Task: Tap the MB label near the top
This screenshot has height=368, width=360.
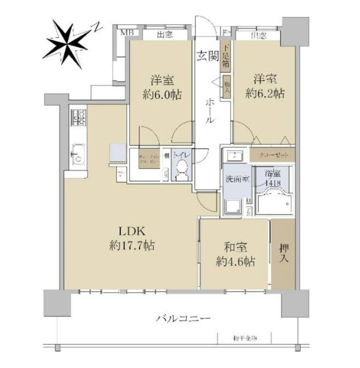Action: click(127, 32)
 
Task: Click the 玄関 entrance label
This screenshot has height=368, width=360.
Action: click(208, 56)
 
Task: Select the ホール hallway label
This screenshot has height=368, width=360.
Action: click(211, 110)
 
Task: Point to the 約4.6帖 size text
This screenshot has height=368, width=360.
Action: click(236, 261)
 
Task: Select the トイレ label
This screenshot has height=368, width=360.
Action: click(183, 155)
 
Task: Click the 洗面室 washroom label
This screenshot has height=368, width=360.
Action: click(237, 179)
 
